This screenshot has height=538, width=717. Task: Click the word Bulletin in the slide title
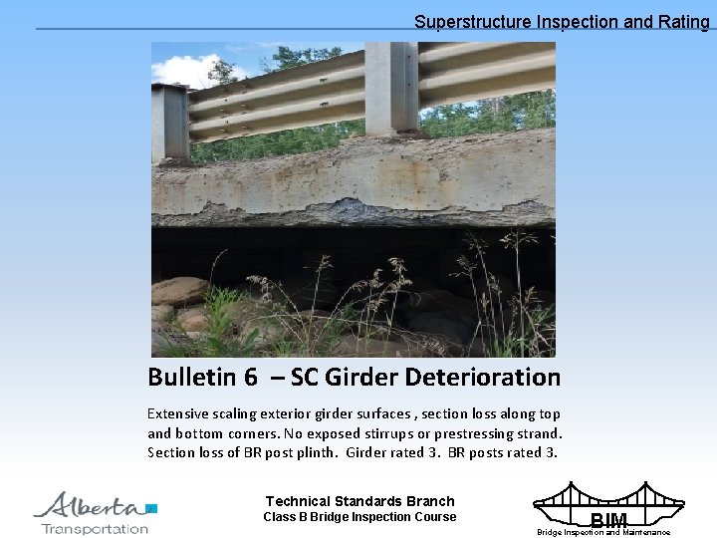pos(192,378)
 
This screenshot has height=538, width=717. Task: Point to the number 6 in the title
pos(250,378)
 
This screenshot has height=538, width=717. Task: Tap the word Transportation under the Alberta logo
pos(95,528)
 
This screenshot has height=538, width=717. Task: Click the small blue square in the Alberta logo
pos(151,508)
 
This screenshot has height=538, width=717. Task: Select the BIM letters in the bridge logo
pos(608,520)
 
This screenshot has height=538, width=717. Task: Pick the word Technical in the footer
pos(299,501)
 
